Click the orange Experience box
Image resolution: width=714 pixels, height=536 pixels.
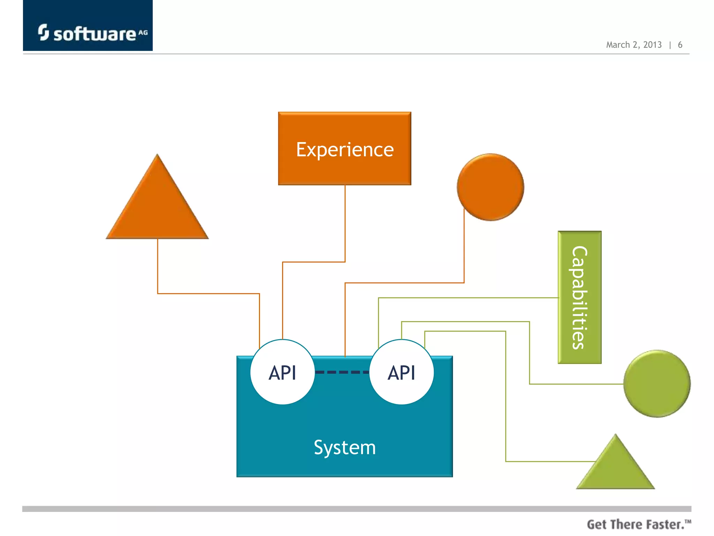pos(344,149)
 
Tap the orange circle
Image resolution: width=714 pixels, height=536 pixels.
pos(491,187)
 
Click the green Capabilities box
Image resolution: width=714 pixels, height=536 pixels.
pos(579,297)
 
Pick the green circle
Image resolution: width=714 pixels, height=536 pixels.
pos(657,384)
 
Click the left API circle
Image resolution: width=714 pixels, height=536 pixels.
pos(282,372)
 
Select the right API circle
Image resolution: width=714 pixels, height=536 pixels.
pos(402,372)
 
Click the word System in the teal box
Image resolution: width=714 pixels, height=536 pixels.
pos(344,447)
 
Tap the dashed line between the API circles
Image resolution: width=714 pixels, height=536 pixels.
pos(342,372)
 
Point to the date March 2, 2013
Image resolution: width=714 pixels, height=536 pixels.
pos(633,45)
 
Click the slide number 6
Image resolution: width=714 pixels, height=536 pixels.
pos(680,45)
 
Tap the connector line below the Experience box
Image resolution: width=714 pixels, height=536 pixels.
pos(345,223)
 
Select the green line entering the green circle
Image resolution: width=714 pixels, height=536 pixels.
pos(575,384)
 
